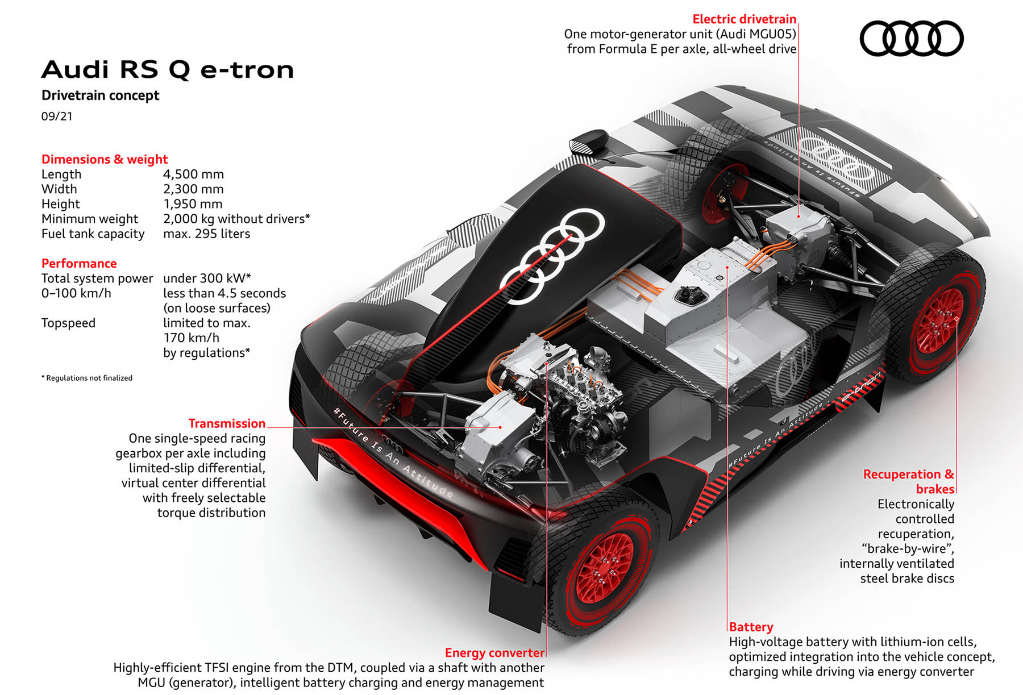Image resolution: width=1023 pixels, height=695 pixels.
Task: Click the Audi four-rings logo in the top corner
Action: tap(911, 39)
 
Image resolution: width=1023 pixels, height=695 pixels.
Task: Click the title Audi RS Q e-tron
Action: tap(168, 70)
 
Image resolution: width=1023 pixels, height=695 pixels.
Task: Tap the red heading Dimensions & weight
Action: tap(105, 159)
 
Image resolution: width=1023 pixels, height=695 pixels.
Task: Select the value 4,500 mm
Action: tap(193, 174)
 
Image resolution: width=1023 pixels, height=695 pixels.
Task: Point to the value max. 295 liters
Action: tap(206, 234)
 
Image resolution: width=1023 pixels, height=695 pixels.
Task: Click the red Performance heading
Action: tap(79, 263)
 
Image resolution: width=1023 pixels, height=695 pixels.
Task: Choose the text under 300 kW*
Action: tap(207, 278)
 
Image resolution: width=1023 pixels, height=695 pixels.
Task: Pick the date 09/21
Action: tap(57, 116)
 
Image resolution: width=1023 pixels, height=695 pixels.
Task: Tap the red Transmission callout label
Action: tap(227, 423)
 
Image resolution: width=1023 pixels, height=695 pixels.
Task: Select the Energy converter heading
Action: tap(494, 653)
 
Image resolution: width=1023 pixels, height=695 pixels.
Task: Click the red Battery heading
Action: tap(751, 627)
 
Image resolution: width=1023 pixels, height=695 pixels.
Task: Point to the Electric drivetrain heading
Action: tap(744, 19)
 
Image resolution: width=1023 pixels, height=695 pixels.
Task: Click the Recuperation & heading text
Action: tap(908, 474)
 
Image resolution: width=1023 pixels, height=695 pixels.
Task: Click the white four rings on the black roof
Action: tap(552, 256)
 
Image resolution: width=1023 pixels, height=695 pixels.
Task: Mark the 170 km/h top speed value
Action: tap(191, 338)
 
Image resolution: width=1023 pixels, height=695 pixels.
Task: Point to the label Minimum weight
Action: tap(90, 219)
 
